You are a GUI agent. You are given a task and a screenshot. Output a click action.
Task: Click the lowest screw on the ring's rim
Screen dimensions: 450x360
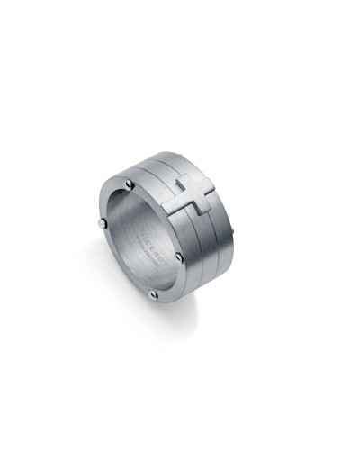(154, 292)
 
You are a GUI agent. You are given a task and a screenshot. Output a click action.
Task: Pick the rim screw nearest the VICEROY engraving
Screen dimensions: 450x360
(179, 257)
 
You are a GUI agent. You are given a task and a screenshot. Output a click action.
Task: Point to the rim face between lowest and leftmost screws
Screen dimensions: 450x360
(119, 265)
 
